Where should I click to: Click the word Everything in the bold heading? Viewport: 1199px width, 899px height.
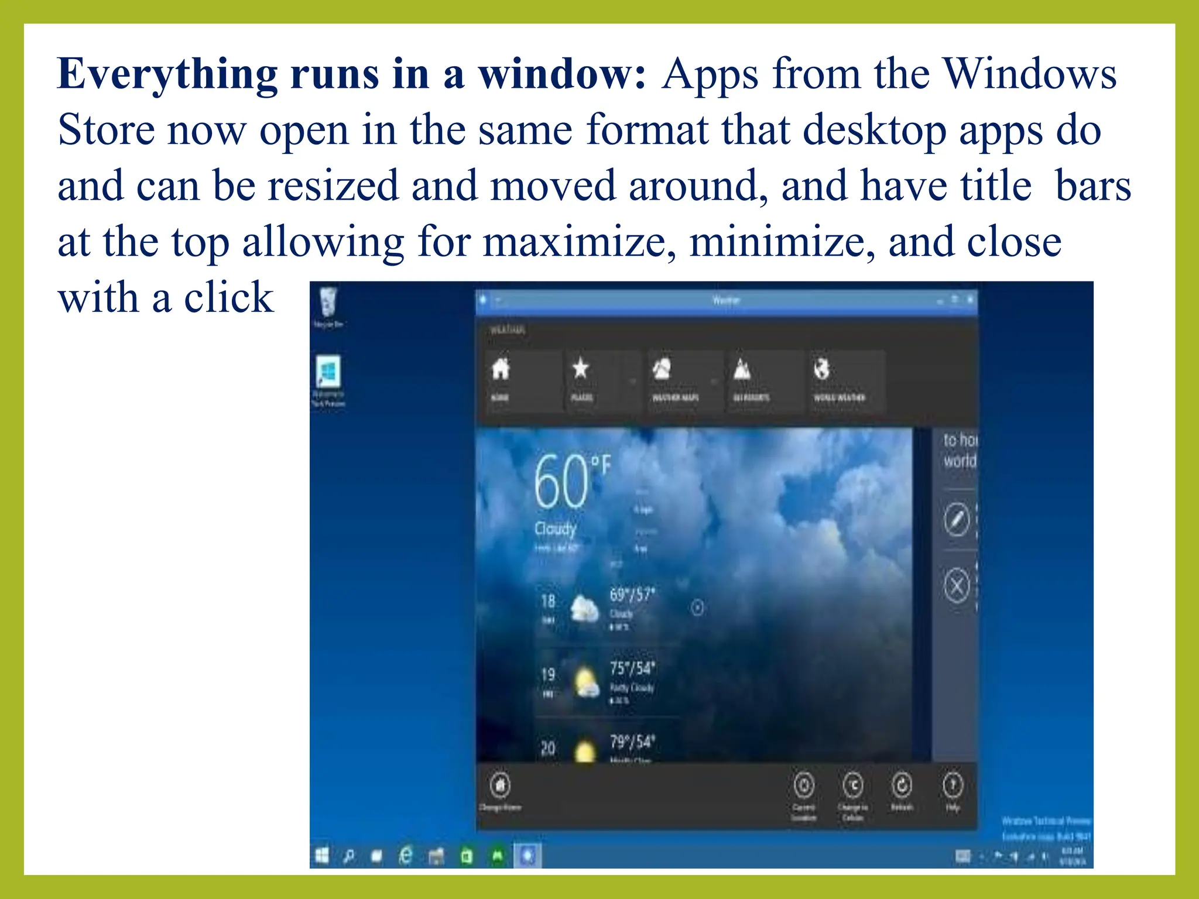click(x=167, y=75)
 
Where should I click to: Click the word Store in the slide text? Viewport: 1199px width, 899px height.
click(x=106, y=130)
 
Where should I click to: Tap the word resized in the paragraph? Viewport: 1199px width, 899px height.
click(x=333, y=186)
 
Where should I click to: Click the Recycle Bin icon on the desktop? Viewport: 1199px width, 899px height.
click(x=328, y=301)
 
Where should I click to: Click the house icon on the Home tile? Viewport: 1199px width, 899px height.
click(x=501, y=369)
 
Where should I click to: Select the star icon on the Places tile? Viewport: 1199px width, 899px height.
click(x=580, y=369)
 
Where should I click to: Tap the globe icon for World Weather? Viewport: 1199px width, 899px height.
click(x=822, y=369)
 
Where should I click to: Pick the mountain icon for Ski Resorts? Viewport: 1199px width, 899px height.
click(x=742, y=369)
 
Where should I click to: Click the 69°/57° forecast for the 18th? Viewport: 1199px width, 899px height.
click(x=632, y=595)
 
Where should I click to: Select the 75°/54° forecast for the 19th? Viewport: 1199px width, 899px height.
click(x=632, y=668)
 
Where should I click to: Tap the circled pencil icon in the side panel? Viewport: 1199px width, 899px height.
click(x=957, y=519)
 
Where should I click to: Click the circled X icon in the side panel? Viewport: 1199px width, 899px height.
click(x=957, y=585)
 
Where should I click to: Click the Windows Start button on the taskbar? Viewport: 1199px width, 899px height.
click(x=322, y=856)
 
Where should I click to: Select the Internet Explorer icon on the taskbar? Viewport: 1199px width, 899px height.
click(x=405, y=856)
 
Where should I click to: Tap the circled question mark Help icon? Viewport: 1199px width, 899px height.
click(x=953, y=785)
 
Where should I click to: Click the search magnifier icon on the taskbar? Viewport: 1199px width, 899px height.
click(x=349, y=857)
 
